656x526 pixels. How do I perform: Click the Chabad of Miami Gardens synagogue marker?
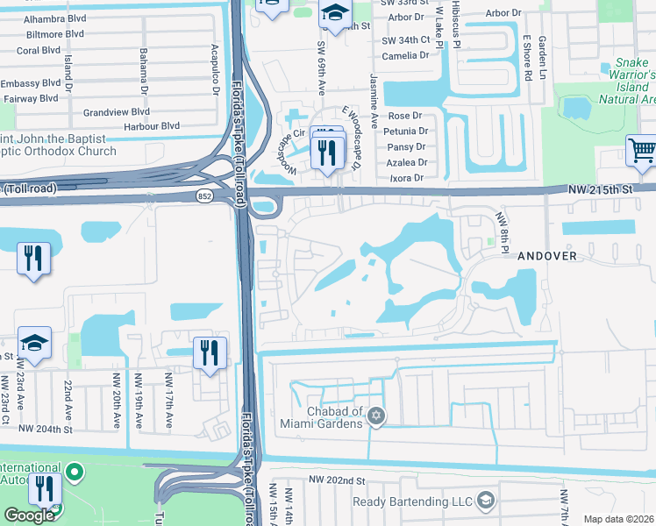coord(376,414)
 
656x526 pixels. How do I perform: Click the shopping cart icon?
coord(641,150)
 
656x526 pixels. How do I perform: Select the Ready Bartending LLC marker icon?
coord(484,501)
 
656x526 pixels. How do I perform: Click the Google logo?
coord(28,515)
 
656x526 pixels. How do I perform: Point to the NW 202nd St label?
coord(335,481)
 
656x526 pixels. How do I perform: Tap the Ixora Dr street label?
coord(405,178)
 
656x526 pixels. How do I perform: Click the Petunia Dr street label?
coord(405,131)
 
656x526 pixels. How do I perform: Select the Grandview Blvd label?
coord(117,112)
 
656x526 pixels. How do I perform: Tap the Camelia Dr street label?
coord(405,54)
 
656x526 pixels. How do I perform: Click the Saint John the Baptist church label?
coord(53,146)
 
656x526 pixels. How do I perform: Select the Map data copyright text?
coord(618,519)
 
